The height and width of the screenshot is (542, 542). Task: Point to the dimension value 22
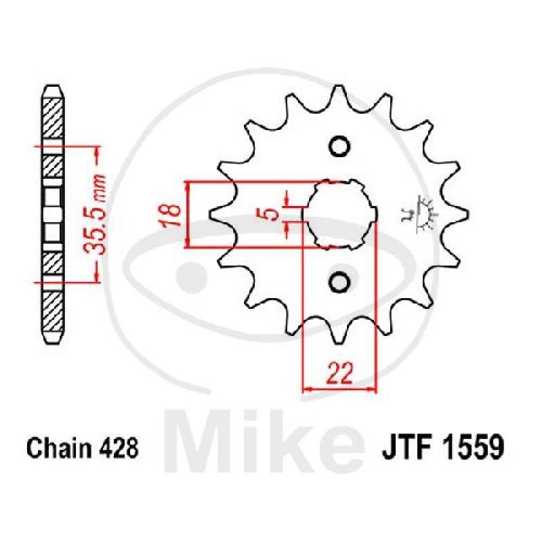(x=339, y=373)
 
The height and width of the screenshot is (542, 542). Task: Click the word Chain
(x=59, y=448)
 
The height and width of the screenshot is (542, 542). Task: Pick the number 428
(x=118, y=448)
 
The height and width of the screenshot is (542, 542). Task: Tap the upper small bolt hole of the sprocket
(x=339, y=146)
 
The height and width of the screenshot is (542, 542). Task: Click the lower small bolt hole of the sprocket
(x=339, y=282)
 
